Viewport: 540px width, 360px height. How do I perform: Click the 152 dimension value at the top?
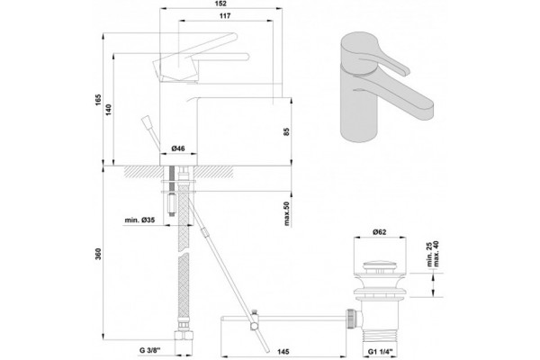(x=220, y=4)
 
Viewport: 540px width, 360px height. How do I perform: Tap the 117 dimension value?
(x=225, y=16)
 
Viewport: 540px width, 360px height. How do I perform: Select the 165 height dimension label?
(x=99, y=100)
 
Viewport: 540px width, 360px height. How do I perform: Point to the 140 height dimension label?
(x=109, y=110)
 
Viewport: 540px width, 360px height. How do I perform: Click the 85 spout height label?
(x=287, y=131)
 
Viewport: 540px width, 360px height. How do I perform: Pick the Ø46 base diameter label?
(x=178, y=148)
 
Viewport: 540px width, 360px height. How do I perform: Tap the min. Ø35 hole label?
(x=139, y=220)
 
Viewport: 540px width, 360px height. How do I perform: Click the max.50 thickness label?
(x=287, y=213)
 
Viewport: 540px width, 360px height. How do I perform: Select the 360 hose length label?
(x=99, y=254)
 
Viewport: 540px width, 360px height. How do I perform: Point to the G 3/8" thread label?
(x=150, y=351)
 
